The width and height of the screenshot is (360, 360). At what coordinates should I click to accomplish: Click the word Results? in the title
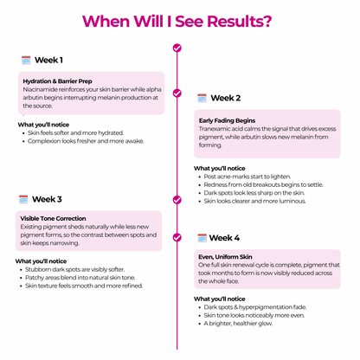coord(240,22)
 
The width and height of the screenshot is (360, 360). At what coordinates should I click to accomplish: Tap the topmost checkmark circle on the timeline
coord(177,48)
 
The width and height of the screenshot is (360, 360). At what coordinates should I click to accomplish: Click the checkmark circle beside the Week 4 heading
coord(177,237)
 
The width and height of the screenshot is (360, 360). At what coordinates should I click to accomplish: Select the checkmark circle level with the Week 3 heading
coord(177,200)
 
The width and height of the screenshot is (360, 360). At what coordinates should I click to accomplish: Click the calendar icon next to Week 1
coord(26,60)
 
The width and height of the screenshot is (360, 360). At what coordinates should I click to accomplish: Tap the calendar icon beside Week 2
coord(202,98)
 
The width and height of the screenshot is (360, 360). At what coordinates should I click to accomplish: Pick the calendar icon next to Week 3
coord(23,199)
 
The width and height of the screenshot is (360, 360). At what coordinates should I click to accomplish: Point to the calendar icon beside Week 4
coord(202,238)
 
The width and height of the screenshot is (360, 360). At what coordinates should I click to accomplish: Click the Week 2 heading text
coord(226,98)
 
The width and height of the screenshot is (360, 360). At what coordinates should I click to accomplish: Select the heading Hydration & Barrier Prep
coord(57,81)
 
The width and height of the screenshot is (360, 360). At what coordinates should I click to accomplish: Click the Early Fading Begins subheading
coord(227,120)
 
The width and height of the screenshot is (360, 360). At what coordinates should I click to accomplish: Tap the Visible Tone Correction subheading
coord(53,218)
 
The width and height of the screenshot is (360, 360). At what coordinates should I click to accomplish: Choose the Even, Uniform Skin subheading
coord(225,257)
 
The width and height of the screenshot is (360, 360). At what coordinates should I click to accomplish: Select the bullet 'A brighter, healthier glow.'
coord(238,324)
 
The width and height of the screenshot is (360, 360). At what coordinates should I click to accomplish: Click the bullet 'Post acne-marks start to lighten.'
coord(247,177)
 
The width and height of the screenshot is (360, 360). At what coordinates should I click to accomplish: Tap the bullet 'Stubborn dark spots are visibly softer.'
coord(75,269)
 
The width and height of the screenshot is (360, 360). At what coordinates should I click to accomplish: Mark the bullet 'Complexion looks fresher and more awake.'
coord(86,141)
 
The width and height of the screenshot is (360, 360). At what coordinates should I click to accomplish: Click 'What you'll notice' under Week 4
coord(220,299)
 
